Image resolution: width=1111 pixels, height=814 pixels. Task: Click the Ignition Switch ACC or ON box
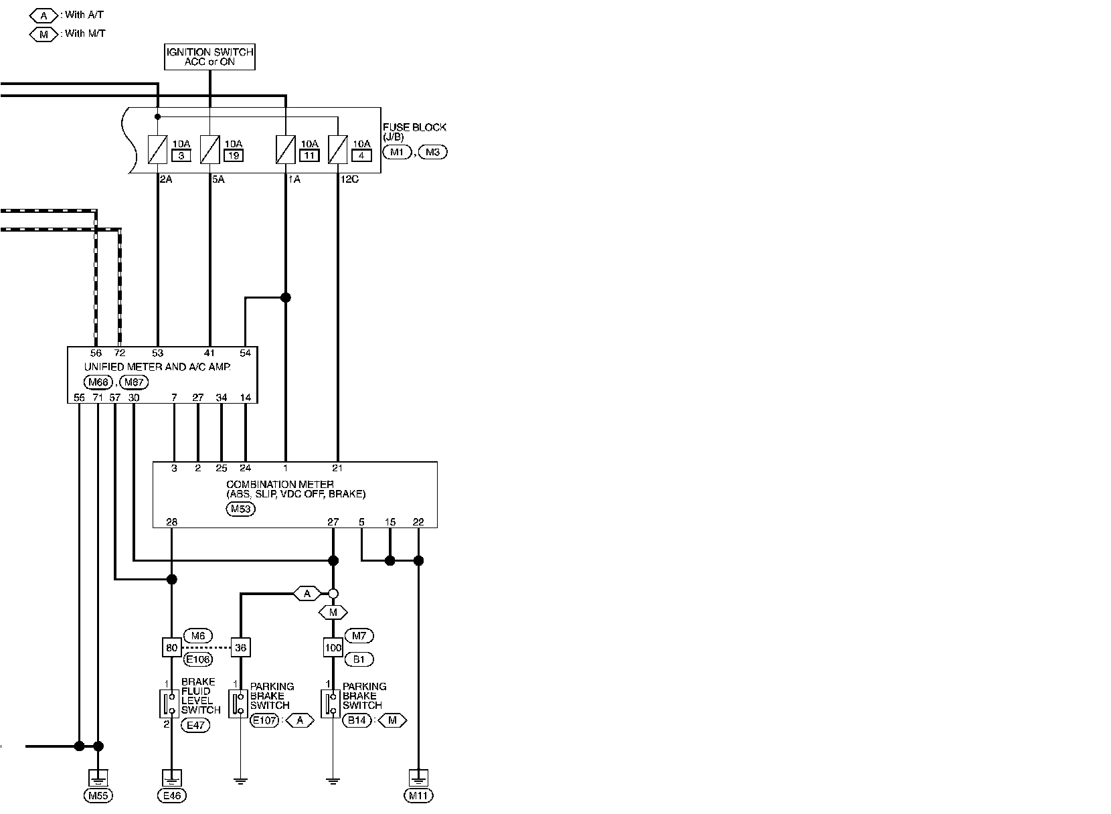[209, 57]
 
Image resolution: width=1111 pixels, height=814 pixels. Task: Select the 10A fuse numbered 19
[210, 149]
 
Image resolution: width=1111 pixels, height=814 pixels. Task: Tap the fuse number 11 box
[309, 156]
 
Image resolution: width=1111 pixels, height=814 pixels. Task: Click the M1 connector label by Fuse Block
[396, 152]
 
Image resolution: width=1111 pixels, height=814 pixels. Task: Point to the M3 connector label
[432, 152]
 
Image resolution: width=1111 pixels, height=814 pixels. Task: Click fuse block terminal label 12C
[349, 179]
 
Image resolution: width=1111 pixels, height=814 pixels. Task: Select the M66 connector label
[99, 382]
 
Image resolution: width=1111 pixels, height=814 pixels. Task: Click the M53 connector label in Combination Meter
[240, 509]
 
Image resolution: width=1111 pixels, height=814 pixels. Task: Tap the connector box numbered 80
[172, 647]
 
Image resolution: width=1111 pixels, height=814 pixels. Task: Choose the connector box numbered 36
[240, 647]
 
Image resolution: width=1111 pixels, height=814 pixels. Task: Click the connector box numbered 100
[333, 647]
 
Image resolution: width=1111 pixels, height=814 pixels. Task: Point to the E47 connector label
[195, 724]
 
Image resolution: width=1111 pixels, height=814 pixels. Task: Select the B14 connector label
[357, 720]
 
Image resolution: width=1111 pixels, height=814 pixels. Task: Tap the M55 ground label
[98, 795]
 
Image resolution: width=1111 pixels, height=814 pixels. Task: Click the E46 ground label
[172, 795]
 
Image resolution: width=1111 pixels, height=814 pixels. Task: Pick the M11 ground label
[418, 795]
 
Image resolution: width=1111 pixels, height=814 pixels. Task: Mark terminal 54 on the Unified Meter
[246, 353]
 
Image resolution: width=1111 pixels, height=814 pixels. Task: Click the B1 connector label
[359, 659]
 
